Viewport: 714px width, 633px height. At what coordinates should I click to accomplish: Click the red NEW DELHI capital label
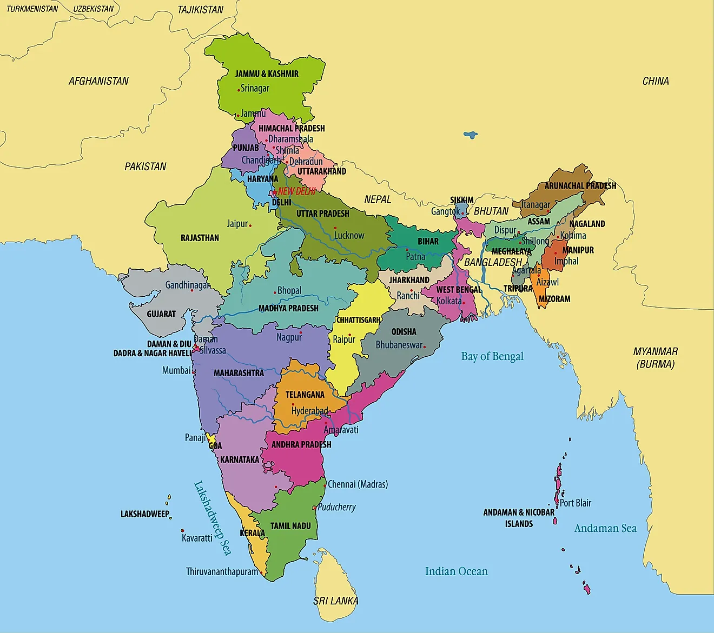(x=296, y=191)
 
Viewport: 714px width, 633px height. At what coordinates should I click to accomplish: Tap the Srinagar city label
(x=255, y=89)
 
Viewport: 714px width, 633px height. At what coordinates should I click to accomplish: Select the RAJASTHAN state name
(x=200, y=238)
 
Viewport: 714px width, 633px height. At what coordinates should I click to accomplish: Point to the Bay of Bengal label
(x=492, y=356)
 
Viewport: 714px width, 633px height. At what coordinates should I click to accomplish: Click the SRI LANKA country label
(x=335, y=601)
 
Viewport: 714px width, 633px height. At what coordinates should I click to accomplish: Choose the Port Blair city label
(x=576, y=503)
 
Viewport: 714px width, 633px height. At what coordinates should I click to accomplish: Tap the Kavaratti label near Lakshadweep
(x=197, y=538)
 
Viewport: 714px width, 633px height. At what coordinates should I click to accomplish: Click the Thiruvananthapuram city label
(x=222, y=571)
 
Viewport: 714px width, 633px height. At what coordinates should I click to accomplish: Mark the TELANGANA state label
(x=305, y=395)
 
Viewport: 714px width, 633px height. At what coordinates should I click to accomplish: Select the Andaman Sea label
(x=605, y=528)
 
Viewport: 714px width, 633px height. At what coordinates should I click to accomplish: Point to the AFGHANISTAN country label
(x=98, y=81)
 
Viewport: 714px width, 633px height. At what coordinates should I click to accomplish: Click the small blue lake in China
(x=471, y=135)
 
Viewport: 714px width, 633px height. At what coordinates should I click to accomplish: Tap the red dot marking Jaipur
(x=250, y=225)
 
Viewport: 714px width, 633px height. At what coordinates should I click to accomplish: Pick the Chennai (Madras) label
(x=358, y=484)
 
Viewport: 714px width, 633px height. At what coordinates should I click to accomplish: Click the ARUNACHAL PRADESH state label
(x=580, y=186)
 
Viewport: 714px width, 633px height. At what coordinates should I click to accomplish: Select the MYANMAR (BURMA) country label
(x=656, y=357)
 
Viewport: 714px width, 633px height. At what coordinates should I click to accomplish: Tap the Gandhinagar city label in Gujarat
(x=187, y=285)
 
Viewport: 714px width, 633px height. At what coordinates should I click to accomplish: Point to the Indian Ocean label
(x=456, y=571)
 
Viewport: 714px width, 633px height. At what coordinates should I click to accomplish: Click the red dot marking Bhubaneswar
(x=425, y=347)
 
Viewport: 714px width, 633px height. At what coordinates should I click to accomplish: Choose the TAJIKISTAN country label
(x=200, y=10)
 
